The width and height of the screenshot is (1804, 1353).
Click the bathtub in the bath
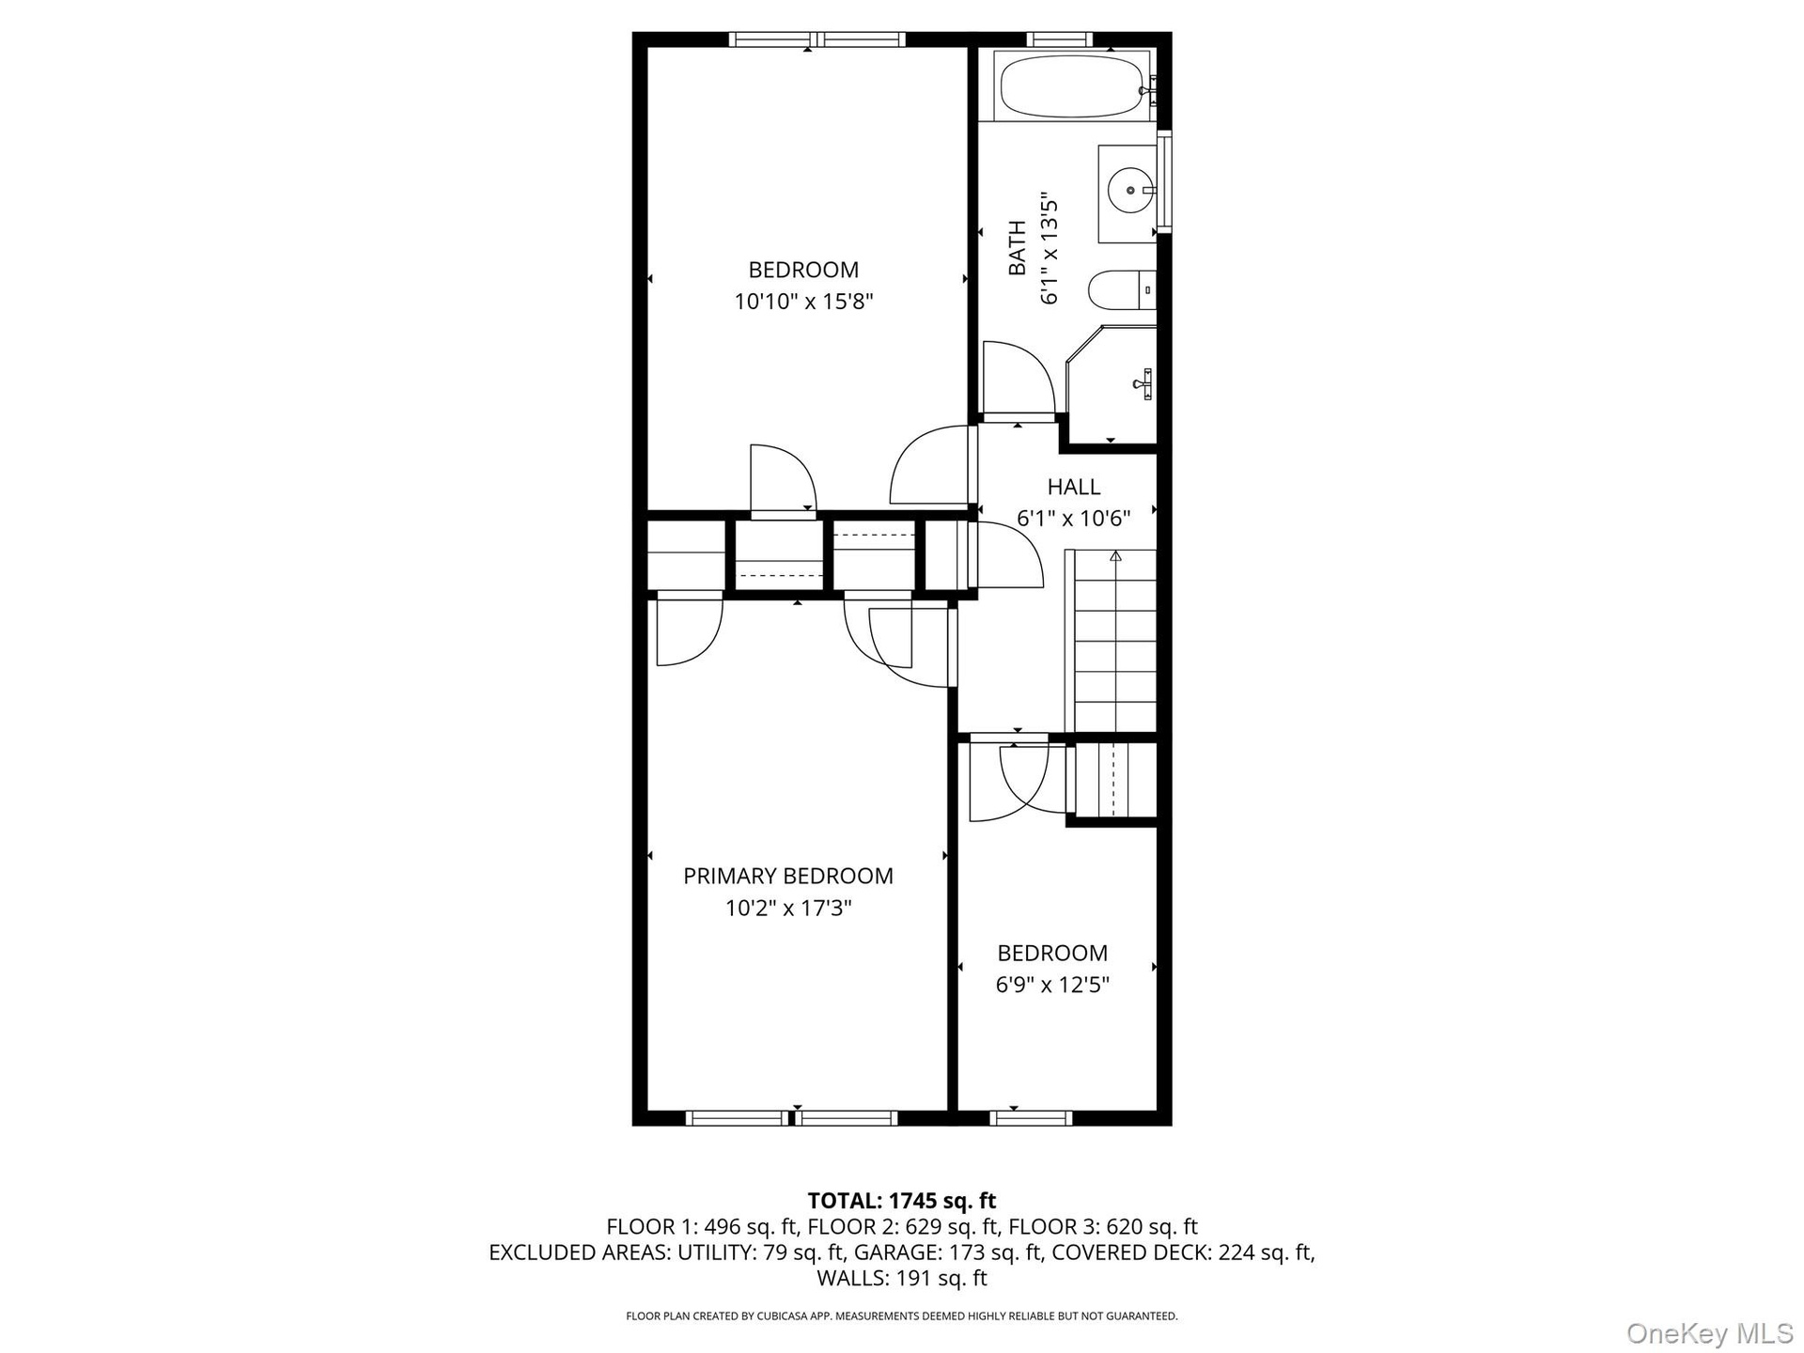(x=1072, y=86)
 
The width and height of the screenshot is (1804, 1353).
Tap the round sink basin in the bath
(x=1129, y=191)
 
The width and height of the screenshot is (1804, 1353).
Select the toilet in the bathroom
(x=1122, y=289)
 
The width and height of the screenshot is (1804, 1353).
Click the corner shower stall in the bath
(x=1112, y=385)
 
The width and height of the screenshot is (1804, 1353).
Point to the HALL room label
(x=1074, y=487)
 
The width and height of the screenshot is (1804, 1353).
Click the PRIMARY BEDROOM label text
(x=787, y=876)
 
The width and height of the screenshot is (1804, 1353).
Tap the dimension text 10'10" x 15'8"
(x=803, y=302)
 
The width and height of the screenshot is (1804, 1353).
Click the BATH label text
(x=1017, y=248)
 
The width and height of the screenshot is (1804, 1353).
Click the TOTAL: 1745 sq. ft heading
(x=902, y=1201)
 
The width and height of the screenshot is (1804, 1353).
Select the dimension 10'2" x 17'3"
(x=788, y=909)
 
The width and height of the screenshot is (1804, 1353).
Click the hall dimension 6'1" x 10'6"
(x=1073, y=519)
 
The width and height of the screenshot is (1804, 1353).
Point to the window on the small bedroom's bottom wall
(x=1031, y=1118)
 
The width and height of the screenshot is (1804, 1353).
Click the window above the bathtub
(x=1060, y=39)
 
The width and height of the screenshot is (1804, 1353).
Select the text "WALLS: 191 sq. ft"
(x=902, y=1278)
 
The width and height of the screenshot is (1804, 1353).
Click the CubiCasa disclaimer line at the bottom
(x=902, y=1316)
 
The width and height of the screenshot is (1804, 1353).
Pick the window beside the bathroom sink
(x=1165, y=182)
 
